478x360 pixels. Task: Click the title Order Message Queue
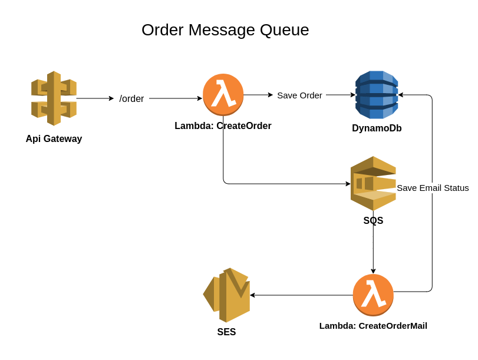click(x=225, y=30)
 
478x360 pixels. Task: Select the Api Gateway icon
click(x=54, y=98)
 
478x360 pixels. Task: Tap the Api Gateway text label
click(x=54, y=139)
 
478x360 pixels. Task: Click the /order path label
click(x=131, y=99)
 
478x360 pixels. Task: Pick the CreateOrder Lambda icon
click(x=223, y=94)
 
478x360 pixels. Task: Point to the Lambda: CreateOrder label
click(x=223, y=126)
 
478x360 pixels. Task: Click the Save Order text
click(x=299, y=95)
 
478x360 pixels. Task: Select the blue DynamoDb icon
click(x=377, y=95)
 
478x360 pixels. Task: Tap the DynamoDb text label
click(x=377, y=128)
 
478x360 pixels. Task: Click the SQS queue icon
click(x=373, y=183)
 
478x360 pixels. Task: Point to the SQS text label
click(x=373, y=221)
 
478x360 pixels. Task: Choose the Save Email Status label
click(x=433, y=188)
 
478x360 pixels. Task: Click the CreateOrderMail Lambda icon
click(x=373, y=295)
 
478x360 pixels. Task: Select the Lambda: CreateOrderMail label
click(x=373, y=326)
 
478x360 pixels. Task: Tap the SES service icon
click(x=226, y=295)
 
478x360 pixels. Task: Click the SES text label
click(x=226, y=332)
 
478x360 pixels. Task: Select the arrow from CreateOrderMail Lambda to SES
click(x=301, y=295)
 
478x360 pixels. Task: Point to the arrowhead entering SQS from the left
click(x=348, y=184)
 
